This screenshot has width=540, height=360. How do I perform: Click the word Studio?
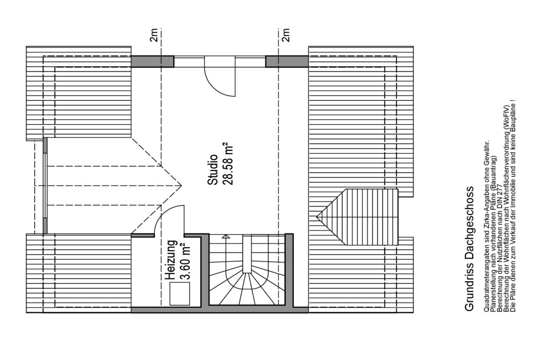point(213,170)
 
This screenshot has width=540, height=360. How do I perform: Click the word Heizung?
point(171,260)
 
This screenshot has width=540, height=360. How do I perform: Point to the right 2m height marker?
point(286,35)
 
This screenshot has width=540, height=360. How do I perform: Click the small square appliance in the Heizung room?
point(180,294)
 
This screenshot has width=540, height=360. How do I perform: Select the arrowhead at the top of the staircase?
point(225,237)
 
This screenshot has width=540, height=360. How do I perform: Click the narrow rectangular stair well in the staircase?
point(247,254)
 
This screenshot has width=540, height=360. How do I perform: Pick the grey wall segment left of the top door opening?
point(152,61)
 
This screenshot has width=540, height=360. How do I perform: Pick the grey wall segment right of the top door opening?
point(287,61)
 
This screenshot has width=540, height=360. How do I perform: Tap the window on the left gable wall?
point(45,186)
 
